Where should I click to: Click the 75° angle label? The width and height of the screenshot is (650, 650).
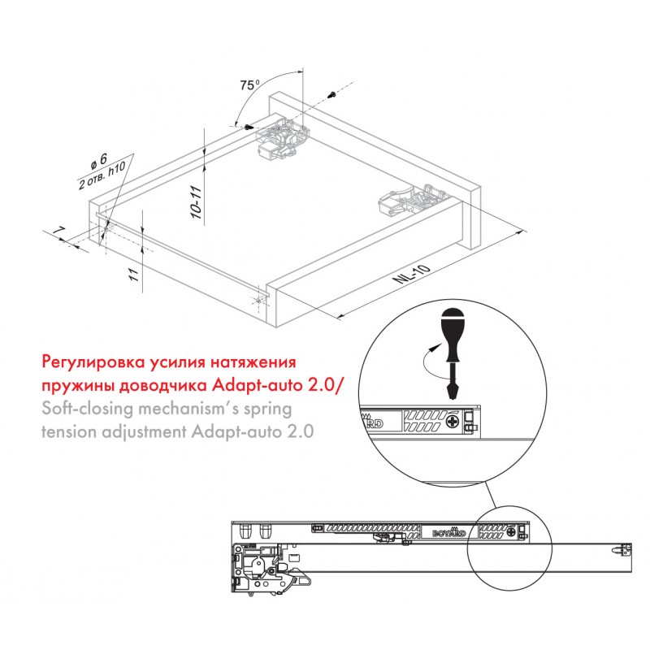click(249, 84)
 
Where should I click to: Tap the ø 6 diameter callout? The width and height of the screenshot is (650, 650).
click(99, 161)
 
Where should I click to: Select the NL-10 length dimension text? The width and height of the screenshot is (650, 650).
click(412, 274)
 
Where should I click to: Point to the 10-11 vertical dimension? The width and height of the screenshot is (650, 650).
click(196, 202)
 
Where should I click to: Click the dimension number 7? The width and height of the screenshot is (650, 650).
click(60, 231)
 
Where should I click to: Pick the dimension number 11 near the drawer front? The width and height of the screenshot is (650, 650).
click(133, 275)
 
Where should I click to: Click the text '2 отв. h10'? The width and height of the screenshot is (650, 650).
click(102, 176)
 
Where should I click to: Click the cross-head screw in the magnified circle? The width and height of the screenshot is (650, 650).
click(453, 422)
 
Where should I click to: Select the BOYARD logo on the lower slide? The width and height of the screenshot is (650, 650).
click(449, 533)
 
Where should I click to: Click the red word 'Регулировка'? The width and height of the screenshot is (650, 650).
click(92, 362)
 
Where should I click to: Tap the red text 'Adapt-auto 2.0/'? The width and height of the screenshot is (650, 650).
click(277, 385)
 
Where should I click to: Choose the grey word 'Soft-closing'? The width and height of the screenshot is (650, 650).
click(88, 409)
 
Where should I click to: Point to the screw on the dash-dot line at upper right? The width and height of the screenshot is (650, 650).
click(332, 94)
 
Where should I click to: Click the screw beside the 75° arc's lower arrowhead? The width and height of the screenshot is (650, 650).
click(248, 127)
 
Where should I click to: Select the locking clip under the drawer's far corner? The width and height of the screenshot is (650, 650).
click(284, 138)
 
